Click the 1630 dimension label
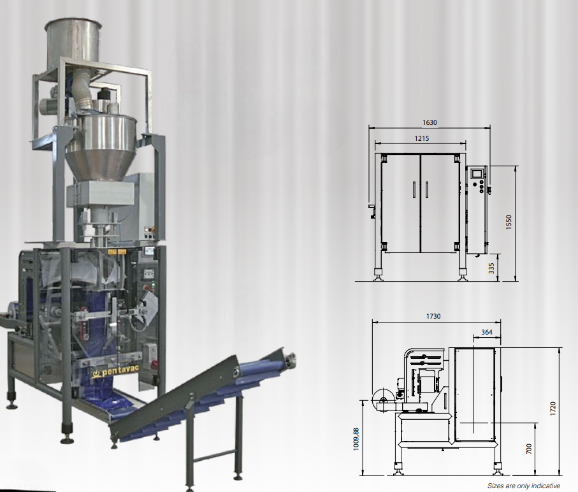430,122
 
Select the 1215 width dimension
422,138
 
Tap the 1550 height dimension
509,222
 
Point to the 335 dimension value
491,268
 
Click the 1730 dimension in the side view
433,316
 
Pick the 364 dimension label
487,332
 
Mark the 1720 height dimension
553,409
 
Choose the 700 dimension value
529,449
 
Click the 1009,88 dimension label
356,439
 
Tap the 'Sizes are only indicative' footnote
523,486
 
